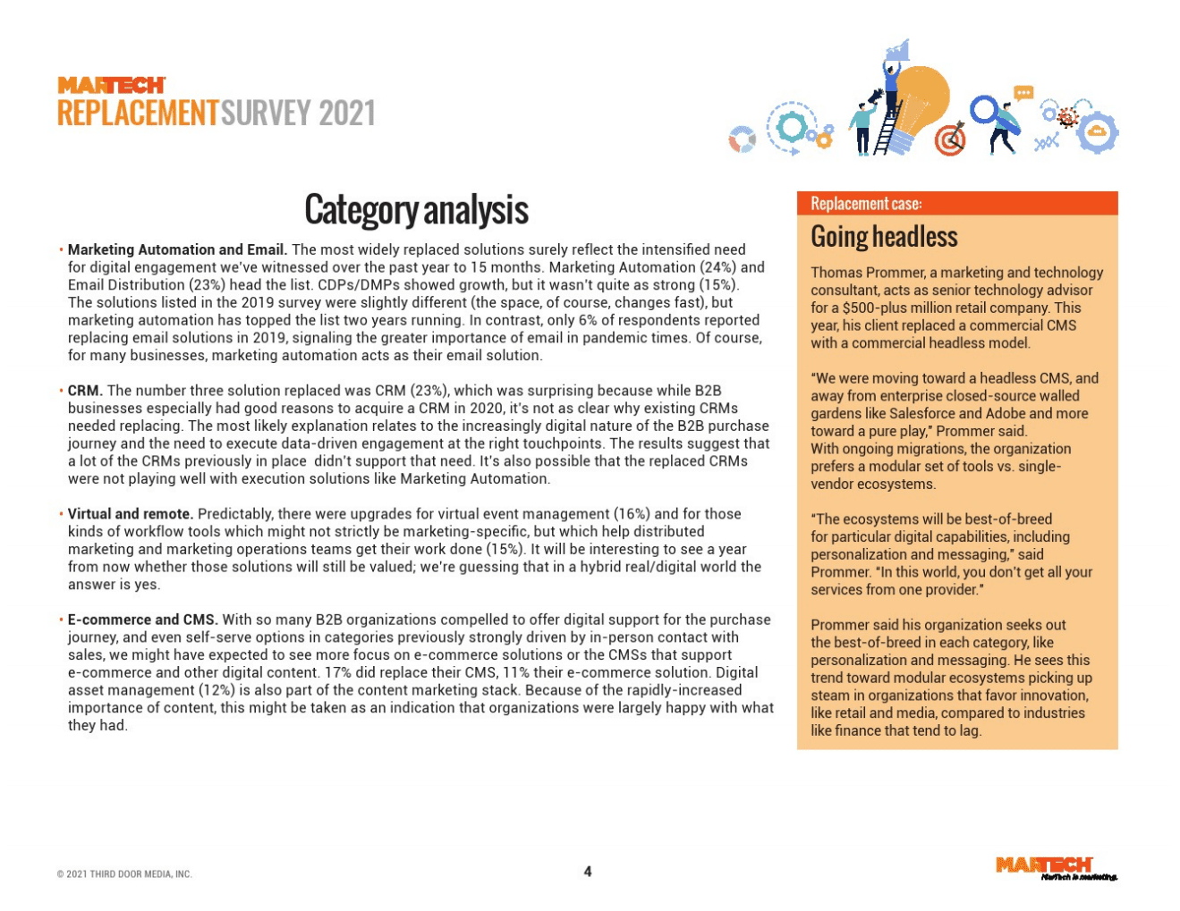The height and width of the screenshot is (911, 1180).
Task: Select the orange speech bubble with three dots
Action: (1023, 93)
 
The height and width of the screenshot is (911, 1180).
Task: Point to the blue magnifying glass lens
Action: (984, 110)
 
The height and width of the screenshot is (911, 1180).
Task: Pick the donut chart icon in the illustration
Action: (742, 139)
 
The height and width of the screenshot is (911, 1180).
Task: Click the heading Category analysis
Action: (416, 210)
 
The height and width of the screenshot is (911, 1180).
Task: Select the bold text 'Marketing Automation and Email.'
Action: (177, 249)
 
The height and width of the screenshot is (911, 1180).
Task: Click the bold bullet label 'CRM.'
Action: (85, 391)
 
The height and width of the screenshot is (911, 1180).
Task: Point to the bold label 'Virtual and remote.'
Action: (131, 514)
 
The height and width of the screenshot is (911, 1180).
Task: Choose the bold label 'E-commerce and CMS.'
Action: (143, 620)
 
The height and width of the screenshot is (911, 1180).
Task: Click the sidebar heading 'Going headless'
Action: (884, 237)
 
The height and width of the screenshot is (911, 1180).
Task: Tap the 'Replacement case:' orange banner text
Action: (866, 204)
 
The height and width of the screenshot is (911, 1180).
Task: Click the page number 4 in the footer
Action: (588, 872)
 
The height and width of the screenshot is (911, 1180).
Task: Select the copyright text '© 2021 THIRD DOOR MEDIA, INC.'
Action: (124, 874)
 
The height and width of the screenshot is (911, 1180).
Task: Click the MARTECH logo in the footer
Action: (1044, 865)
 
